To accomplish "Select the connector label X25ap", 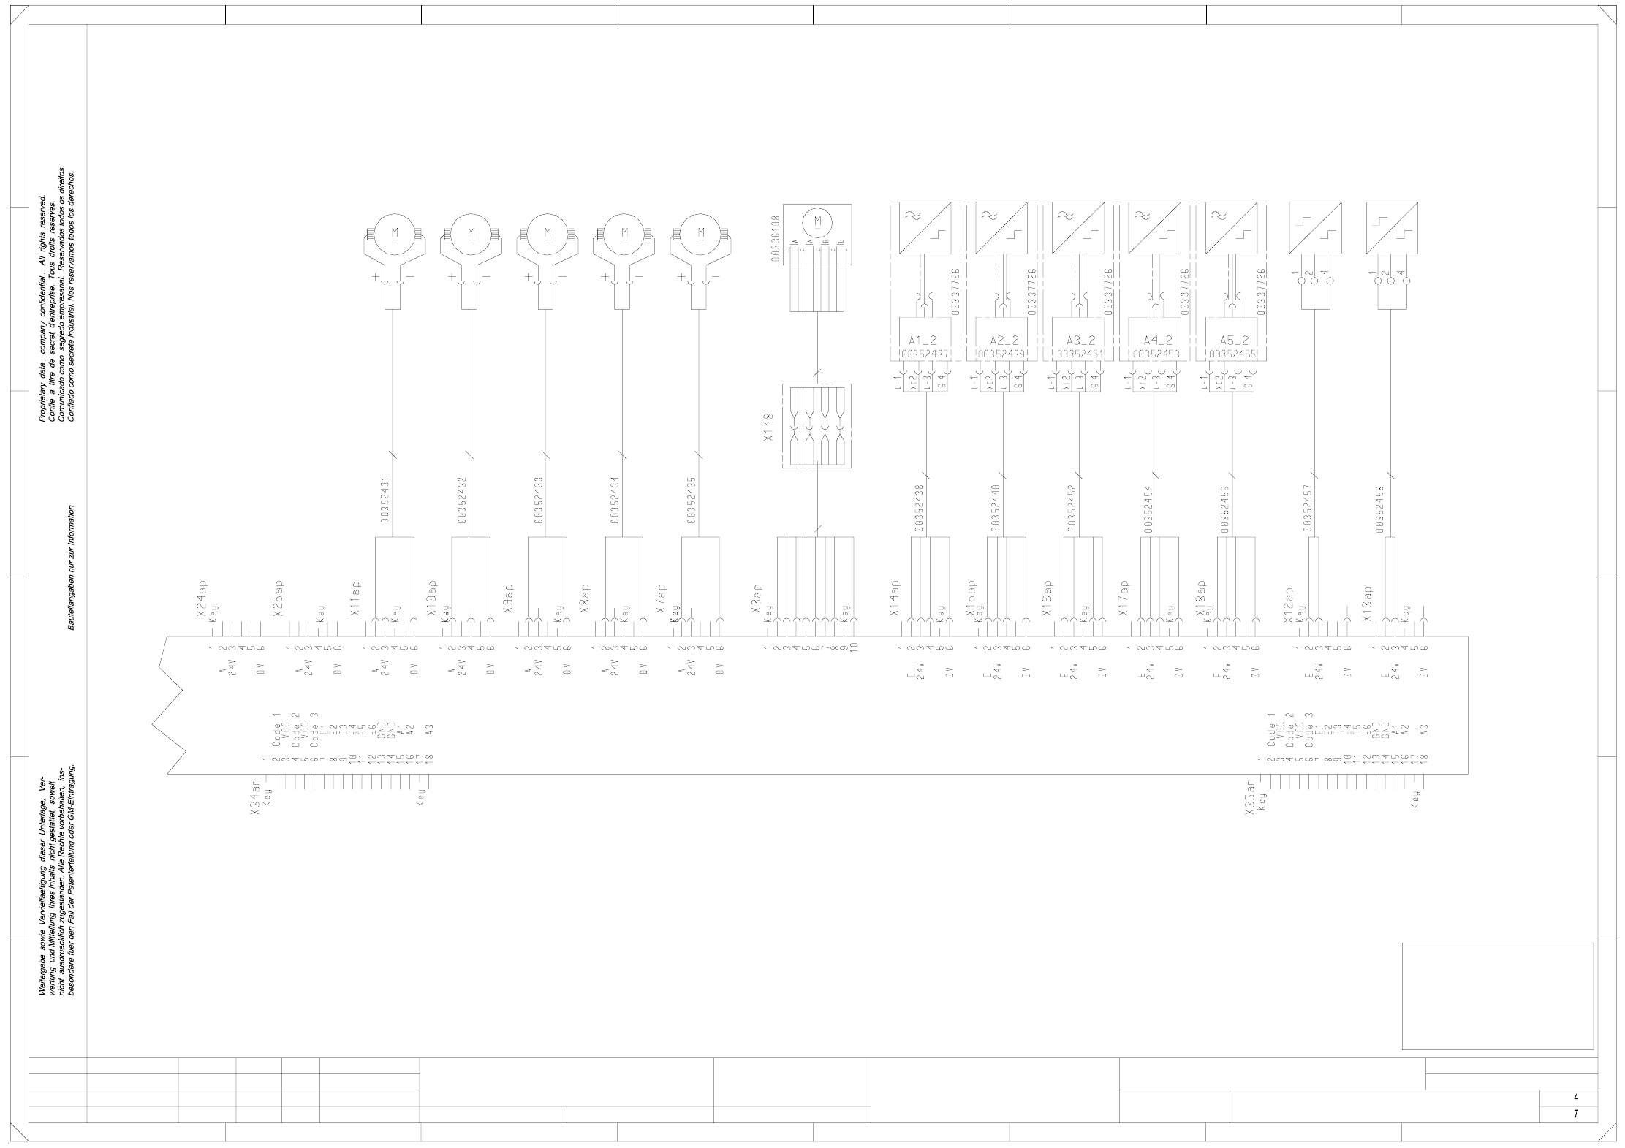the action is (278, 599).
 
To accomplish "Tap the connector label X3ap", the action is (757, 599).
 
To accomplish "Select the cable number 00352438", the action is (918, 507).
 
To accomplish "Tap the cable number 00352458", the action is (1379, 509).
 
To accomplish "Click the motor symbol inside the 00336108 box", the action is (818, 221).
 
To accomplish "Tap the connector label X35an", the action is (1251, 797).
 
